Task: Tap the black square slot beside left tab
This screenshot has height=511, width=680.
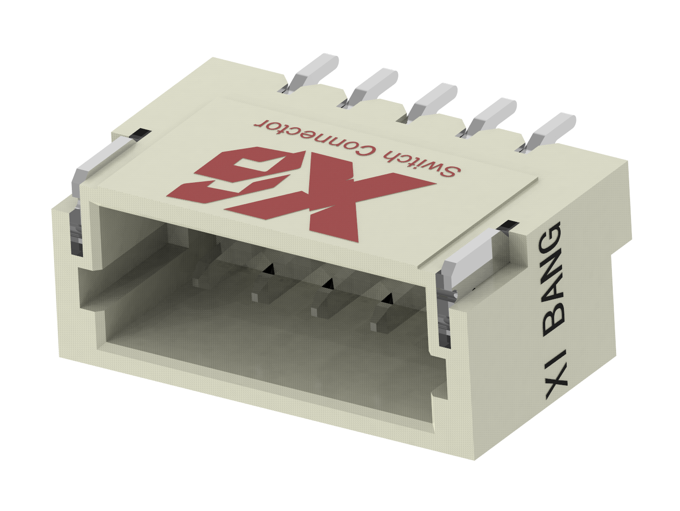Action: [x=139, y=134]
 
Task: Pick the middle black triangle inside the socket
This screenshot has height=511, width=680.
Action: [x=329, y=283]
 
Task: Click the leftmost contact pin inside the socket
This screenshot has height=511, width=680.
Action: [x=198, y=281]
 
